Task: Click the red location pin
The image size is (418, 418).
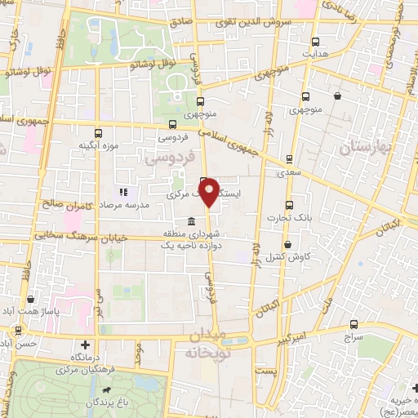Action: pyautogui.click(x=209, y=192)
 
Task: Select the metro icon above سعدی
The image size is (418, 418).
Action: pyautogui.click(x=288, y=160)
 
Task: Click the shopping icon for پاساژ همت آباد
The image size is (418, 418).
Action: pyautogui.click(x=31, y=300)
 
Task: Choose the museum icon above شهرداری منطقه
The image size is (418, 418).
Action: pyautogui.click(x=190, y=222)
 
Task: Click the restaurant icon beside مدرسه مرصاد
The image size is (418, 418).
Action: pyautogui.click(x=122, y=192)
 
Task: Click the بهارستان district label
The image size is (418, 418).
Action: pyautogui.click(x=369, y=147)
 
